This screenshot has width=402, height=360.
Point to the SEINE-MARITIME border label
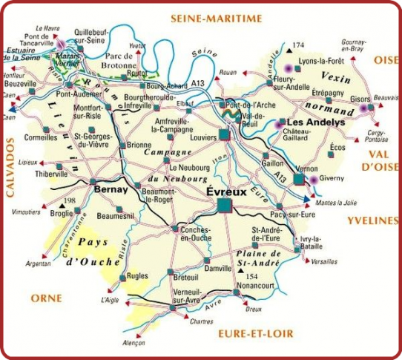pyautogui.click(x=216, y=18)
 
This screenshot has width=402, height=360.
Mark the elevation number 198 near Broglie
pyautogui.click(x=71, y=201)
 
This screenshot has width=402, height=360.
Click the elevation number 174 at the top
pyautogui.click(x=300, y=45)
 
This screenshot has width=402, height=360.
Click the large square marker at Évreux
pyautogui.click(x=225, y=205)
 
